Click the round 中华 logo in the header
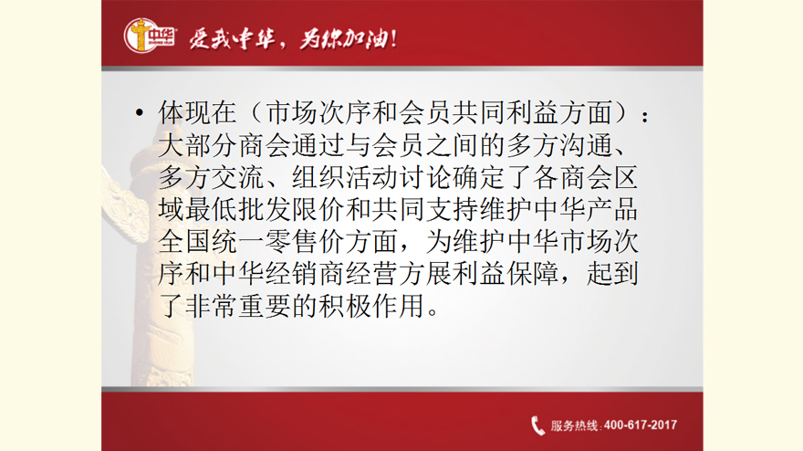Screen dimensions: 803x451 click(x=150, y=36)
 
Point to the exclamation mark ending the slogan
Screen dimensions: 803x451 click(x=393, y=39)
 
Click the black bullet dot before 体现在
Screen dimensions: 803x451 click(x=140, y=113)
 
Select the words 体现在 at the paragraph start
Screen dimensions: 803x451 click(x=198, y=113)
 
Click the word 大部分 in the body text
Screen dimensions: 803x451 click(x=198, y=145)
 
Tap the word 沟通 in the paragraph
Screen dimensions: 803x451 click(x=587, y=145)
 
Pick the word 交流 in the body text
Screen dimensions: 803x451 click(x=237, y=177)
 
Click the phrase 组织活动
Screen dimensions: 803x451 click(x=345, y=177)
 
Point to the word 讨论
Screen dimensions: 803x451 click(x=425, y=177)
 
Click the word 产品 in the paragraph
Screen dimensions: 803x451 click(x=612, y=209)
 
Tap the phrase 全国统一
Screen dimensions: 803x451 click(x=211, y=241)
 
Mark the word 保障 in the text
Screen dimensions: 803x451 click(x=533, y=274)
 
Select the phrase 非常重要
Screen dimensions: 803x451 click(x=237, y=306)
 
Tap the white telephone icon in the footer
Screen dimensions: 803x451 click(x=537, y=425)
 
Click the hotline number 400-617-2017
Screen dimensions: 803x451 click(x=641, y=425)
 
